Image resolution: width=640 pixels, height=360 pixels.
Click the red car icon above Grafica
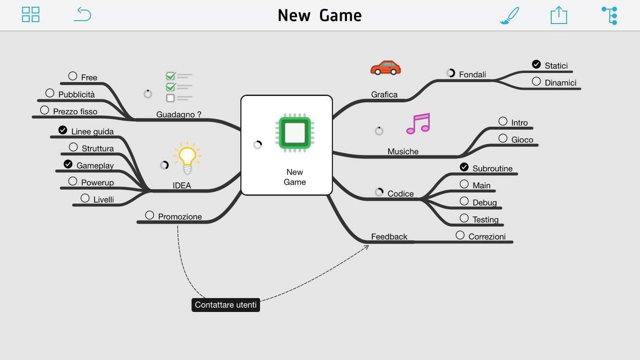tap(385, 68)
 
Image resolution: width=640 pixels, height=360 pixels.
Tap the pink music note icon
tap(418, 124)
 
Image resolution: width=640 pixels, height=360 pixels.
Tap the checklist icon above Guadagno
tap(178, 87)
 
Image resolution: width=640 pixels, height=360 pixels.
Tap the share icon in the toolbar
tap(558, 15)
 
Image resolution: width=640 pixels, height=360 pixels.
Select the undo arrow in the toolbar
tap(83, 14)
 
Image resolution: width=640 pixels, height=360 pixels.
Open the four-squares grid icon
tap(31, 14)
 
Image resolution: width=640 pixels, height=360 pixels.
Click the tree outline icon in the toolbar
tap(610, 15)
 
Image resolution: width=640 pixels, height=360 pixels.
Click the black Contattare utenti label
tap(225, 305)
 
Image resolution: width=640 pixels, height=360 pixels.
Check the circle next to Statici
tap(536, 64)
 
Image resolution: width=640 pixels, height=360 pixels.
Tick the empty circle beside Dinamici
tap(536, 82)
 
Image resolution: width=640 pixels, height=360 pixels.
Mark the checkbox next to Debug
tap(464, 201)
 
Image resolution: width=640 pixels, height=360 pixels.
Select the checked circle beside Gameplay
tap(68, 164)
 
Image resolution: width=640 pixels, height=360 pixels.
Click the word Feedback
tap(389, 237)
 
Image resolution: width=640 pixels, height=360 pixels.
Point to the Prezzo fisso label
tap(75, 111)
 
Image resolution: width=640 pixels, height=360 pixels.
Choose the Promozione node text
tap(180, 216)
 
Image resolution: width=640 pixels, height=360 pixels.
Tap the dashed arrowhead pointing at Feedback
tap(367, 247)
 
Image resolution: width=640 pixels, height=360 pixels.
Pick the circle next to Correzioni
tap(460, 235)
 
